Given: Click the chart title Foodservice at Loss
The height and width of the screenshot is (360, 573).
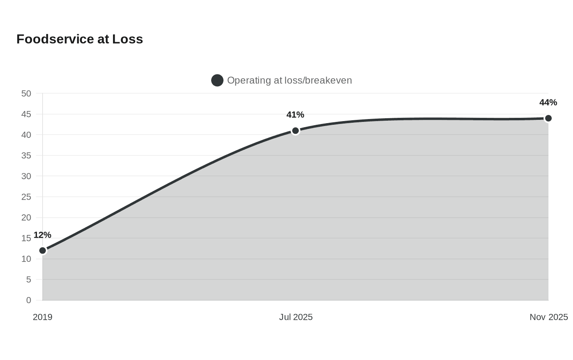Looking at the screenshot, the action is click(x=79, y=39).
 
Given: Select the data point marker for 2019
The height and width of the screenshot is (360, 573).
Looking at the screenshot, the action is click(x=43, y=250).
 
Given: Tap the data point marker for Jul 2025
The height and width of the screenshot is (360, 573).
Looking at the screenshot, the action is click(x=296, y=130).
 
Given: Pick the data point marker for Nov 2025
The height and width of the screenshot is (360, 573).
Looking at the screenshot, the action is click(x=548, y=118).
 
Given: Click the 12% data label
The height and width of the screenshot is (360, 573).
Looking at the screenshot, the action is click(x=43, y=235).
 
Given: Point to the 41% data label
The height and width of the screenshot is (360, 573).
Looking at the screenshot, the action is click(x=295, y=115).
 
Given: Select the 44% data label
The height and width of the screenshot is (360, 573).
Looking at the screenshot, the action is click(x=548, y=102).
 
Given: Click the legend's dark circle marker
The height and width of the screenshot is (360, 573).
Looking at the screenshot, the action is click(x=217, y=80).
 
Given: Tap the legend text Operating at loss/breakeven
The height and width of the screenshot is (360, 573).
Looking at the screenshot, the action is click(x=290, y=80).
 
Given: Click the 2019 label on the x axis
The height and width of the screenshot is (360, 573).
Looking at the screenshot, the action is click(x=43, y=317).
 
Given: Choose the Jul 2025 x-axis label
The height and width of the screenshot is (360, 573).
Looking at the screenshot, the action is click(x=296, y=317).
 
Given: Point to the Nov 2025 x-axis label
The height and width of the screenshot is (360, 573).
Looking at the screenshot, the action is click(x=549, y=317).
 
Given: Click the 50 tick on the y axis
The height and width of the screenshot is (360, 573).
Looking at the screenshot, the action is click(x=26, y=94).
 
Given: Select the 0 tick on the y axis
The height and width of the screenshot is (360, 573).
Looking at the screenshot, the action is click(x=29, y=300).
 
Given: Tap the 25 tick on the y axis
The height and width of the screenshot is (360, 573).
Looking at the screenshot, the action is click(x=26, y=197).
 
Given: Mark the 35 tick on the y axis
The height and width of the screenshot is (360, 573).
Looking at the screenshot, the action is click(x=26, y=155).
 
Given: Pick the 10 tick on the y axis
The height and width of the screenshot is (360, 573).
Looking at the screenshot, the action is click(x=26, y=259).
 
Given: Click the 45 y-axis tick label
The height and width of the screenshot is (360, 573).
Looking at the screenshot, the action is click(x=26, y=114).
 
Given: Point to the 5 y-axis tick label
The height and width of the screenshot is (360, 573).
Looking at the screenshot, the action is click(x=29, y=279).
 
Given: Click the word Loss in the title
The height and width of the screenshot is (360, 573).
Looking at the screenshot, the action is click(x=127, y=39).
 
